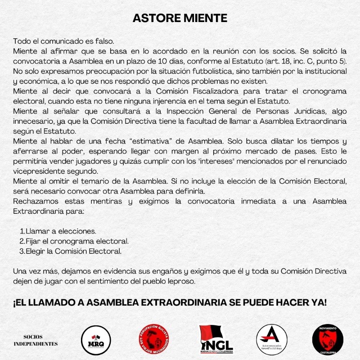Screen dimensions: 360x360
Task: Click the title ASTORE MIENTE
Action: pos(180,18)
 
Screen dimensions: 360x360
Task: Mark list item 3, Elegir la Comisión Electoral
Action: pos(73,251)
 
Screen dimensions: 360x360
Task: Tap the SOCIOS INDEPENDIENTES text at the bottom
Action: pos(40,340)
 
